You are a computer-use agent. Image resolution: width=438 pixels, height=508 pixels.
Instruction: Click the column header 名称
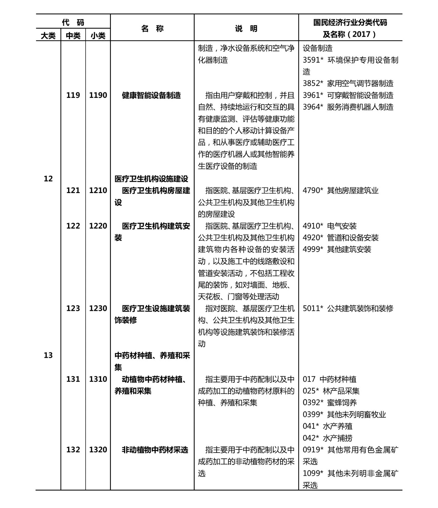152,28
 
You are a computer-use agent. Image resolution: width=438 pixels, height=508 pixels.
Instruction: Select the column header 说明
246,28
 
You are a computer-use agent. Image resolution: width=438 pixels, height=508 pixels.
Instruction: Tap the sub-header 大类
48,36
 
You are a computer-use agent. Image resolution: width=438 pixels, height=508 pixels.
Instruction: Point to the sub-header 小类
98,36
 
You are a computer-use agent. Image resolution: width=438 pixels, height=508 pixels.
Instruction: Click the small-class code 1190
98,95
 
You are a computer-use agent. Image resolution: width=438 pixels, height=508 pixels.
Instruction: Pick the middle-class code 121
73,190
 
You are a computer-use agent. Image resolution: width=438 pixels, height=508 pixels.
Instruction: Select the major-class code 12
48,178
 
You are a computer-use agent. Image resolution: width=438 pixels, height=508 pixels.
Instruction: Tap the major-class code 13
48,355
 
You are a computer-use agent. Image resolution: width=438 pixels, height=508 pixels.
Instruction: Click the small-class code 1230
98,308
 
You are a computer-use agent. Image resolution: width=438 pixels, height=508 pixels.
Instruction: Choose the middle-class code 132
73,450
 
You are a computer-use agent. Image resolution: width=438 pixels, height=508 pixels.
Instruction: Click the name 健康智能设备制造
151,95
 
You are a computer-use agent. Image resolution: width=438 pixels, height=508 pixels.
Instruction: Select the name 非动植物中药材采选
155,450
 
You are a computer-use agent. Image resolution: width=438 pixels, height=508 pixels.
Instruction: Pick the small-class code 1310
98,379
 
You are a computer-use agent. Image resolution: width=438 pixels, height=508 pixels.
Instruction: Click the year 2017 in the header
361,34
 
